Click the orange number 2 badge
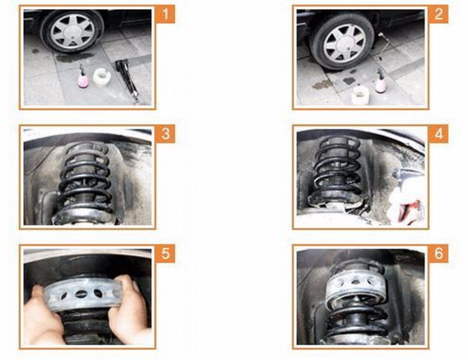pyautogui.click(x=438, y=14)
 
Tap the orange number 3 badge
pyautogui.click(x=165, y=134)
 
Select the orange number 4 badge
pyautogui.click(x=438, y=134)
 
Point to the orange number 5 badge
pyautogui.click(x=165, y=253)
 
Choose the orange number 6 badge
pyautogui.click(x=438, y=253)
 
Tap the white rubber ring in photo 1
pyautogui.click(x=101, y=77)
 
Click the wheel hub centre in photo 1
pyautogui.click(x=72, y=31)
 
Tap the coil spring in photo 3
pyautogui.click(x=86, y=178)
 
